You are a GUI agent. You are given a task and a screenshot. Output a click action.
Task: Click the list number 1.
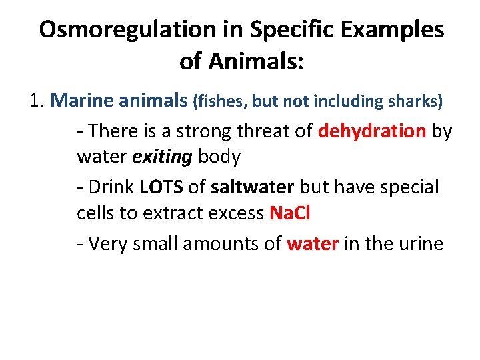coord(36,101)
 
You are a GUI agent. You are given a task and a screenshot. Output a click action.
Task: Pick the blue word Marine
coord(83,101)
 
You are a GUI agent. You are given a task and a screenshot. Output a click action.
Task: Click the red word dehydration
coord(372,131)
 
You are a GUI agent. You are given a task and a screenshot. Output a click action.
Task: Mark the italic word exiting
coord(163,157)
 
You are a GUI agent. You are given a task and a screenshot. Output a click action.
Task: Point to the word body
coord(219,157)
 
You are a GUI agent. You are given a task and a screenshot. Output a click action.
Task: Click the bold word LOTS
coord(162,187)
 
